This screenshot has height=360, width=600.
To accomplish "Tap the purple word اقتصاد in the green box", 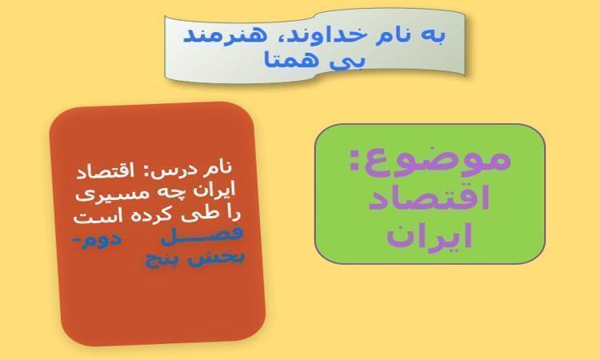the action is point(429,199).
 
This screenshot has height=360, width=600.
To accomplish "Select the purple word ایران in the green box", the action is point(430,238).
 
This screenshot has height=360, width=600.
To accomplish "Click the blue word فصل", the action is point(202,235).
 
